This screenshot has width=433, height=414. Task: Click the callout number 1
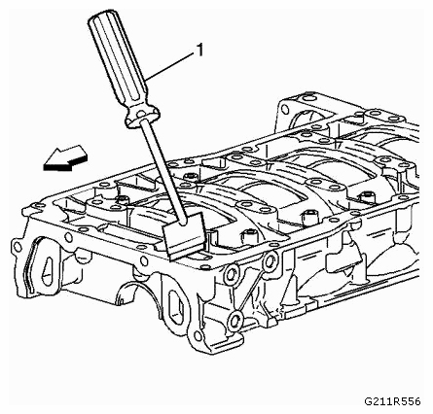pos(199,51)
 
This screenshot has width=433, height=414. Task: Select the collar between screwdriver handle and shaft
pos(143,116)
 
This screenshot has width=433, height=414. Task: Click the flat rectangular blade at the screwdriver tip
pos(184,236)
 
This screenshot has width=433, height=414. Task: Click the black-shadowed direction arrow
pos(65,157)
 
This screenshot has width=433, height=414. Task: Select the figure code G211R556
pos(392,401)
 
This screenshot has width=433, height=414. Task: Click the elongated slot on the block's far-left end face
pos(48,271)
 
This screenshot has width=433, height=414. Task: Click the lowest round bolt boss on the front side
pos(235,321)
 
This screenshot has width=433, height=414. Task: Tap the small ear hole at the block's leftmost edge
pos(16,247)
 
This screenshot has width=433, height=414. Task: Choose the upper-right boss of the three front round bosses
pos(270,261)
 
